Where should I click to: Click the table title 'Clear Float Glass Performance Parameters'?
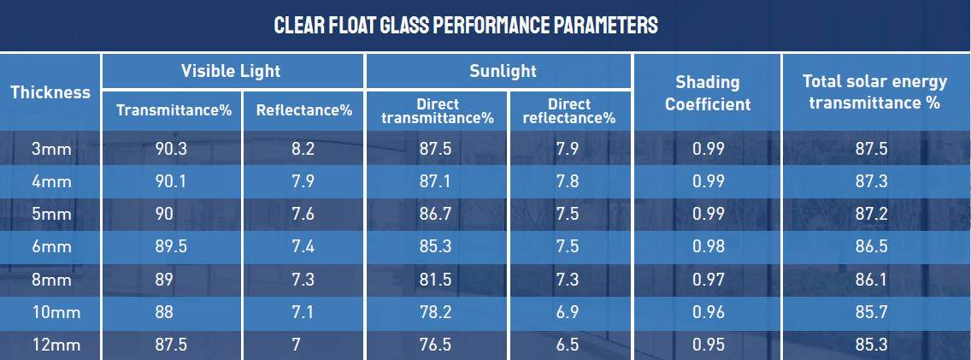(466, 25)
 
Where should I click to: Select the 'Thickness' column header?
(50, 92)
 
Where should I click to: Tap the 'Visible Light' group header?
(231, 71)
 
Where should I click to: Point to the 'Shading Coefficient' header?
(708, 93)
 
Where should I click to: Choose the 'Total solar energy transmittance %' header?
(874, 92)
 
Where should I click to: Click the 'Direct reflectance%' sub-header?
(569, 111)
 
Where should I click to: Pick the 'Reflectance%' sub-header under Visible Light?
(304, 110)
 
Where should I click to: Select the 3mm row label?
(50, 149)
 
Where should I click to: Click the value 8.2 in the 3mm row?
(303, 149)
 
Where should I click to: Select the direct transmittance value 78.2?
(436, 313)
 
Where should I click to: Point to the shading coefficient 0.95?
(709, 345)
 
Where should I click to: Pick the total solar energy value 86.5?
(872, 247)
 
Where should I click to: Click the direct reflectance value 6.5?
(568, 345)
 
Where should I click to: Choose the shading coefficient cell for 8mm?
(709, 280)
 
